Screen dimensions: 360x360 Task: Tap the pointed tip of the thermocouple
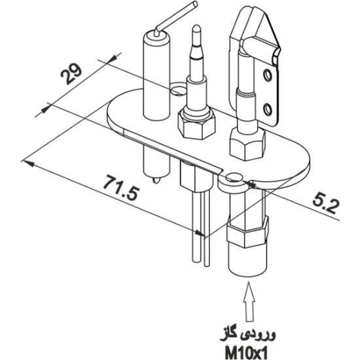click(x=196, y=29)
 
